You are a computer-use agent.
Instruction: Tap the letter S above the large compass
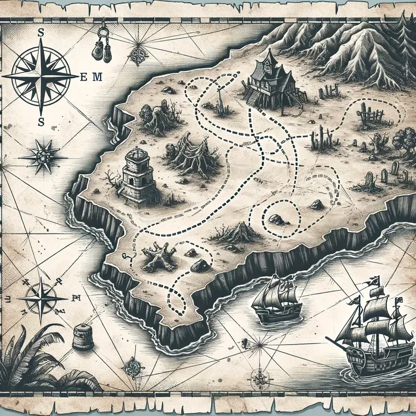pos(41,33)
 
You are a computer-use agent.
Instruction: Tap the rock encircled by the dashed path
pos(276,218)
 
